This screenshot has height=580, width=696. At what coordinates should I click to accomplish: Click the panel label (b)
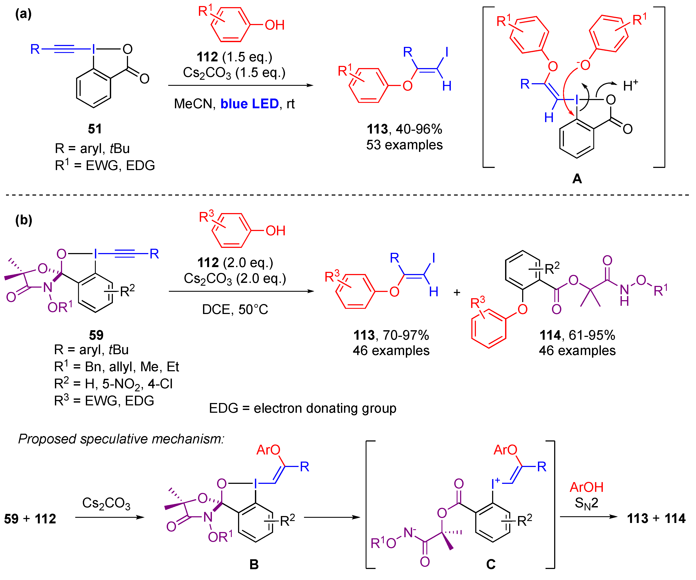(x=24, y=220)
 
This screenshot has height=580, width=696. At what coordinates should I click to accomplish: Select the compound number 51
(x=95, y=129)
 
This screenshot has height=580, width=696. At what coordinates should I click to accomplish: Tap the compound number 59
(x=96, y=335)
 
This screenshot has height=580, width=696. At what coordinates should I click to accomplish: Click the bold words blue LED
(x=250, y=104)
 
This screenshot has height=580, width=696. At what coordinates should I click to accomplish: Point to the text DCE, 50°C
(x=235, y=310)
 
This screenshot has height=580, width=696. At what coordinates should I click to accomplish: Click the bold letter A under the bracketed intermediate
(x=577, y=179)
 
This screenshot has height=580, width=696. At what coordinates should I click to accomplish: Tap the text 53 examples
(x=404, y=145)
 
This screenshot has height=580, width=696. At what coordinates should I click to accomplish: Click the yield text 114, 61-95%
(x=577, y=335)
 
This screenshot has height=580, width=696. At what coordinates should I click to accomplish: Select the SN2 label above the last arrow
(x=586, y=503)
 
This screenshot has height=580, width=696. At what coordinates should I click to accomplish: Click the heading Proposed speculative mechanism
(x=121, y=439)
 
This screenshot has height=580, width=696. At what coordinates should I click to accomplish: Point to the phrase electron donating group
(x=325, y=408)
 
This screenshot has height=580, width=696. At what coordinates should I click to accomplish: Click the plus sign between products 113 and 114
(x=457, y=292)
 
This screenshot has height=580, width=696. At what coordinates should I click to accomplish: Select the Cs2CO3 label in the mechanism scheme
(x=106, y=503)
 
